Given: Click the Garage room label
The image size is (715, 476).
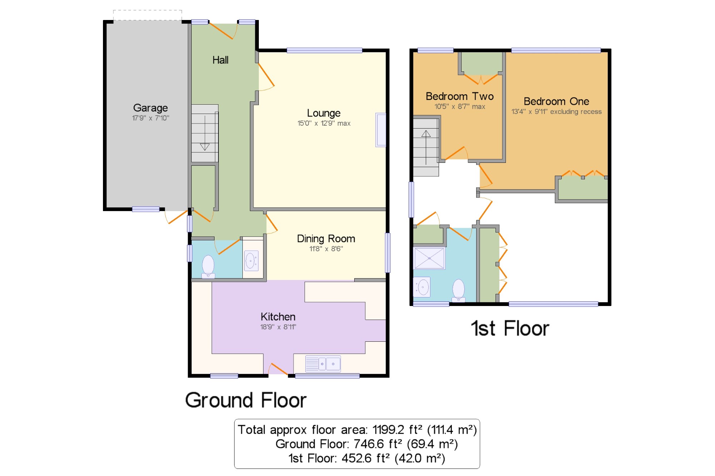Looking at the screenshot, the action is [x=150, y=108].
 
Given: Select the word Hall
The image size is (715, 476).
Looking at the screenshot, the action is [x=220, y=60].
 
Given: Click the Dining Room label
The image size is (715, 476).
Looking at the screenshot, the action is [x=326, y=239].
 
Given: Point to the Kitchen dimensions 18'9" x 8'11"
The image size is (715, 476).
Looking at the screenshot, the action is [x=278, y=327].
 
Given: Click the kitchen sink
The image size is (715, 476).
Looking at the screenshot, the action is [x=323, y=364].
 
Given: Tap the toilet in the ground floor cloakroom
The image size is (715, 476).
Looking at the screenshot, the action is [x=208, y=266].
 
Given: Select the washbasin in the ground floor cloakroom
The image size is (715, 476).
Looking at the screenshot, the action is [x=251, y=261].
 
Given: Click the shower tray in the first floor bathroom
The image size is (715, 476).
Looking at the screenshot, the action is [x=429, y=258].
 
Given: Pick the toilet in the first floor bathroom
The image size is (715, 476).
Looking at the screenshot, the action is [x=458, y=290].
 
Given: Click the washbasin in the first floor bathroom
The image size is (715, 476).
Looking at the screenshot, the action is [x=422, y=287].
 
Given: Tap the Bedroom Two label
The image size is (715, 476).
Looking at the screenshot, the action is [x=460, y=96].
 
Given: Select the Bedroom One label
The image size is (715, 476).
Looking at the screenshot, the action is [x=556, y=101].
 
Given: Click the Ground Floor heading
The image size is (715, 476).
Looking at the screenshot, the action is [x=246, y=400].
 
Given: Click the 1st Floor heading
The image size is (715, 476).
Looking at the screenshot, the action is [x=510, y=328].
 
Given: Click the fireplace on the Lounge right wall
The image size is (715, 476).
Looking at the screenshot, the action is [x=380, y=130].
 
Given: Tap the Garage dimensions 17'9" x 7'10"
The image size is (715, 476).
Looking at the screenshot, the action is [x=151, y=118].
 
